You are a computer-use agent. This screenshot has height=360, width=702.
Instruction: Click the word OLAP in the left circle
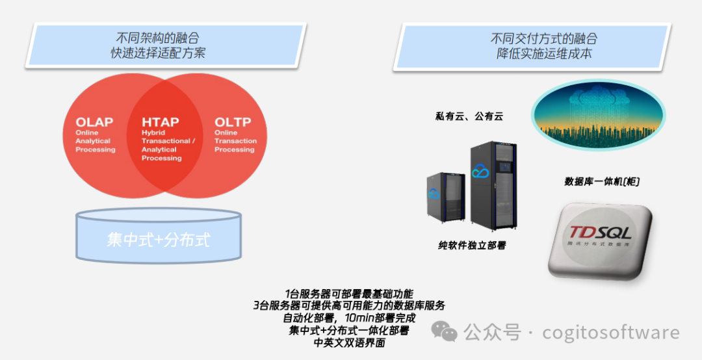coord(94,122)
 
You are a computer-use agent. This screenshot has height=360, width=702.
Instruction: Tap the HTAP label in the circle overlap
coord(161,122)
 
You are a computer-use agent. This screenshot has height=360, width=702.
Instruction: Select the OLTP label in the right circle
coord(233,122)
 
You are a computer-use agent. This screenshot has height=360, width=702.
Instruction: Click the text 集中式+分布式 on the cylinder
coord(158,239)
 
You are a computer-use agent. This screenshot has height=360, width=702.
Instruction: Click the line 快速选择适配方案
coord(157,53)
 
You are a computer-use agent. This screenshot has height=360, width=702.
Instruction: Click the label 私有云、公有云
coord(469,117)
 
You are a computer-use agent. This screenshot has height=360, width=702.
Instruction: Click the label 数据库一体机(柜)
coord(602,182)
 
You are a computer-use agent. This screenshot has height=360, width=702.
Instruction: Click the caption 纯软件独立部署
coord(472,246)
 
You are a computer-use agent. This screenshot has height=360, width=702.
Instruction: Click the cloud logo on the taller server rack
coord(480,172)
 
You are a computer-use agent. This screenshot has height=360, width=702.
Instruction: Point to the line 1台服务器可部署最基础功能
coord(349,294)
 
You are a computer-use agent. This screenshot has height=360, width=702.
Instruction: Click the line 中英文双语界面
coord(349,343)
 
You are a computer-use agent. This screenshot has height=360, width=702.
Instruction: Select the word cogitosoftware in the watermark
coord(611,333)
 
